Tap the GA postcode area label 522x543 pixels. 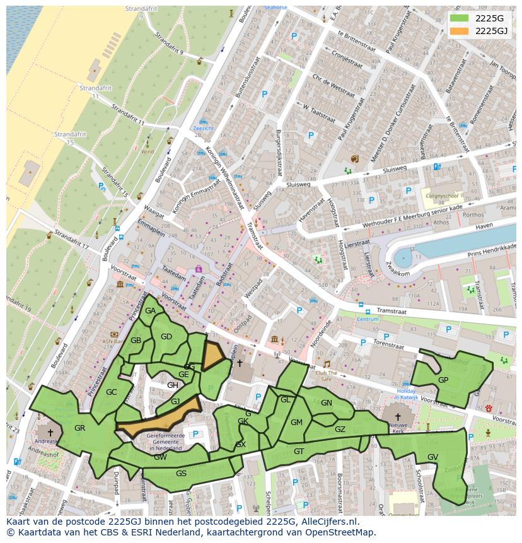tap(150, 311)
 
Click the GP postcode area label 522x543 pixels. tap(443, 380)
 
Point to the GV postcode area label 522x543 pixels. tap(432, 457)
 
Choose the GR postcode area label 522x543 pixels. tap(79, 428)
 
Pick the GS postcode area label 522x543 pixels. tap(181, 474)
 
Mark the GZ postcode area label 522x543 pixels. tap(340, 429)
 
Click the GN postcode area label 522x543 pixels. tap(326, 403)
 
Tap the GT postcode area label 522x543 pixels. tap(299, 451)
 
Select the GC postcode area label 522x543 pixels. tap(112, 392)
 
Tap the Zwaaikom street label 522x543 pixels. tap(399, 272)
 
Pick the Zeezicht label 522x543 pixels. tap(203, 128)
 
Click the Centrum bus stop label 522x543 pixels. tap(368, 319)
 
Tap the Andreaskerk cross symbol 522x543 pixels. tap(50, 433)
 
